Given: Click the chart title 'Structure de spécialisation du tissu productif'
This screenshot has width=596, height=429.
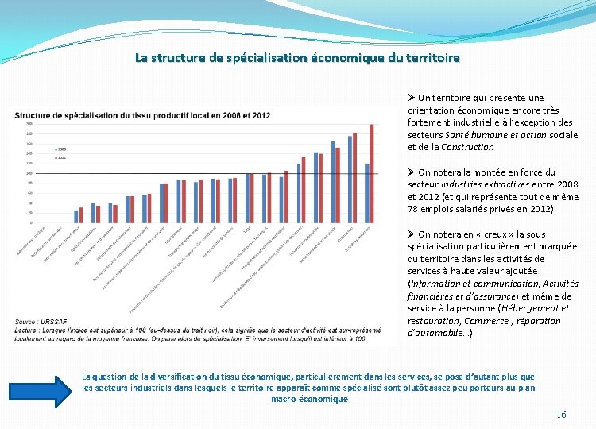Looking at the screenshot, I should coord(142,115).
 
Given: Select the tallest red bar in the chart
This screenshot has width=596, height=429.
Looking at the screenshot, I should coord(371,173).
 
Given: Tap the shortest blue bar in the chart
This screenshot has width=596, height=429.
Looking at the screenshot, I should coord(76,216).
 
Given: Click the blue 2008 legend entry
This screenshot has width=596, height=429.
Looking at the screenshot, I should coord(60,149).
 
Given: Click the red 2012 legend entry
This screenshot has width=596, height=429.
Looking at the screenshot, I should coord(60,157).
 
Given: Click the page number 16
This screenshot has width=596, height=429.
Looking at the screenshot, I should coord(561,414).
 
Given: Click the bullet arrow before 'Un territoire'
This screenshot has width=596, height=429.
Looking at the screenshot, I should coord(411,98).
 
